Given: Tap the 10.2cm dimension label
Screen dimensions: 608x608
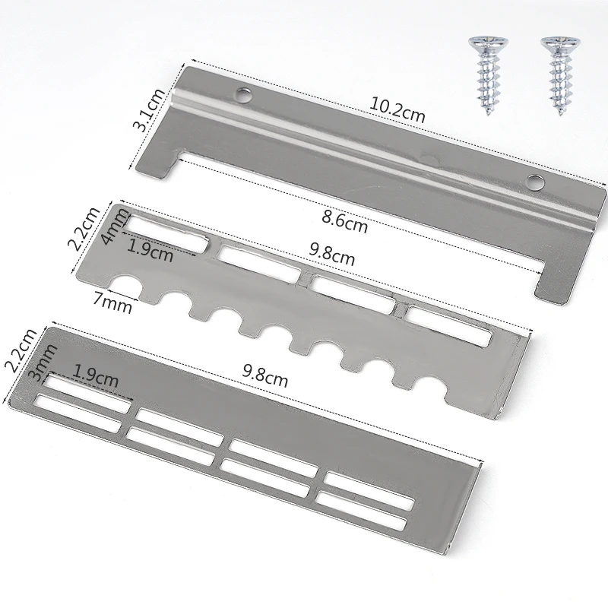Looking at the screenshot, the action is [397, 109].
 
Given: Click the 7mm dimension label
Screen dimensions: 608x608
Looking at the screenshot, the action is [112, 302].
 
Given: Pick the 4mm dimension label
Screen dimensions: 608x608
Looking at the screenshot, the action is [115, 226].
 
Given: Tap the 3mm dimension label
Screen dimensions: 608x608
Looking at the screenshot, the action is [43, 363].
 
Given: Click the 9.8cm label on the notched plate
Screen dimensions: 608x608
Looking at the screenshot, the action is [331, 254].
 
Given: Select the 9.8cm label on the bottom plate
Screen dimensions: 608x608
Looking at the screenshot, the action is [265, 375].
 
